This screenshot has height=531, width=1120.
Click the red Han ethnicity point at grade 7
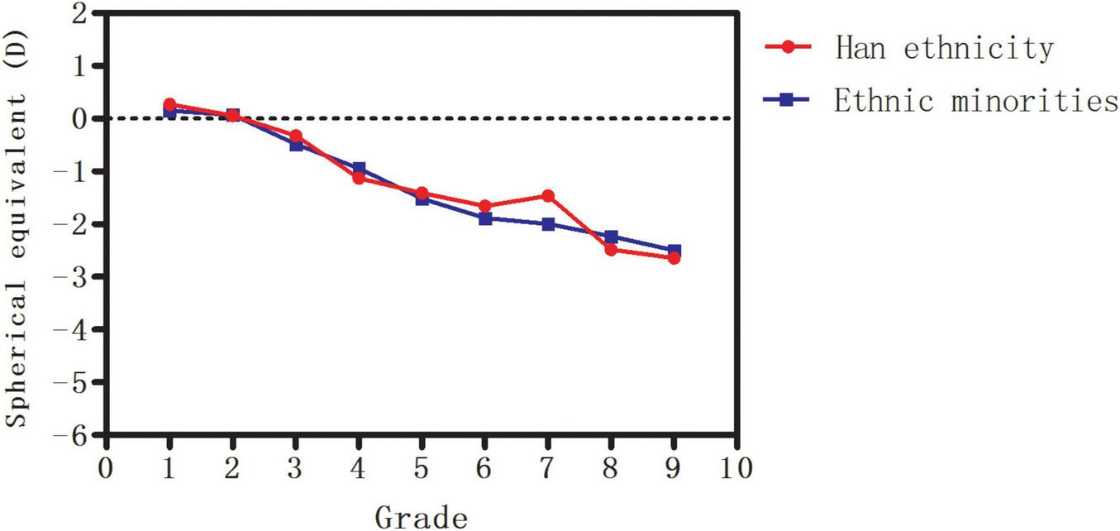pos(548,196)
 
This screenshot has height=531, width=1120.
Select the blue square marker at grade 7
pos(548,224)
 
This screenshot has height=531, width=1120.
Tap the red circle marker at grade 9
pos(674,258)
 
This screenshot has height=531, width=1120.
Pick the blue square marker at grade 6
pos(485,218)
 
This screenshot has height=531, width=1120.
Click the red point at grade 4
pos(359,178)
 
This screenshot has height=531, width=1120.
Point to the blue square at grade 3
pos(296,145)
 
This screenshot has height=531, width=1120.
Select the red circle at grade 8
pos(611,250)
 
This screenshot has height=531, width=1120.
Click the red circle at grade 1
pos(169,104)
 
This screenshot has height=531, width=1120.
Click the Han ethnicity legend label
pos(944,48)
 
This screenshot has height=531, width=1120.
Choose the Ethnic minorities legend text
pos(975,100)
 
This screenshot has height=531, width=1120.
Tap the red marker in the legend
pos(789,48)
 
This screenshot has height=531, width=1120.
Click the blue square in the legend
pos(789,100)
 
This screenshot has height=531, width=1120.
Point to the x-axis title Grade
pos(422,517)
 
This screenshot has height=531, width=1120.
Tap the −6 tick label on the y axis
pos(73,435)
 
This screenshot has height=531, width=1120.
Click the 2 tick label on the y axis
pos(79,13)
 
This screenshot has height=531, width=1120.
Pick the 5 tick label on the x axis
pos(422,469)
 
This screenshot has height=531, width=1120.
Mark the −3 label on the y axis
pos(73,277)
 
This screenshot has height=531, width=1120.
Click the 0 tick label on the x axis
pos(106,469)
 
